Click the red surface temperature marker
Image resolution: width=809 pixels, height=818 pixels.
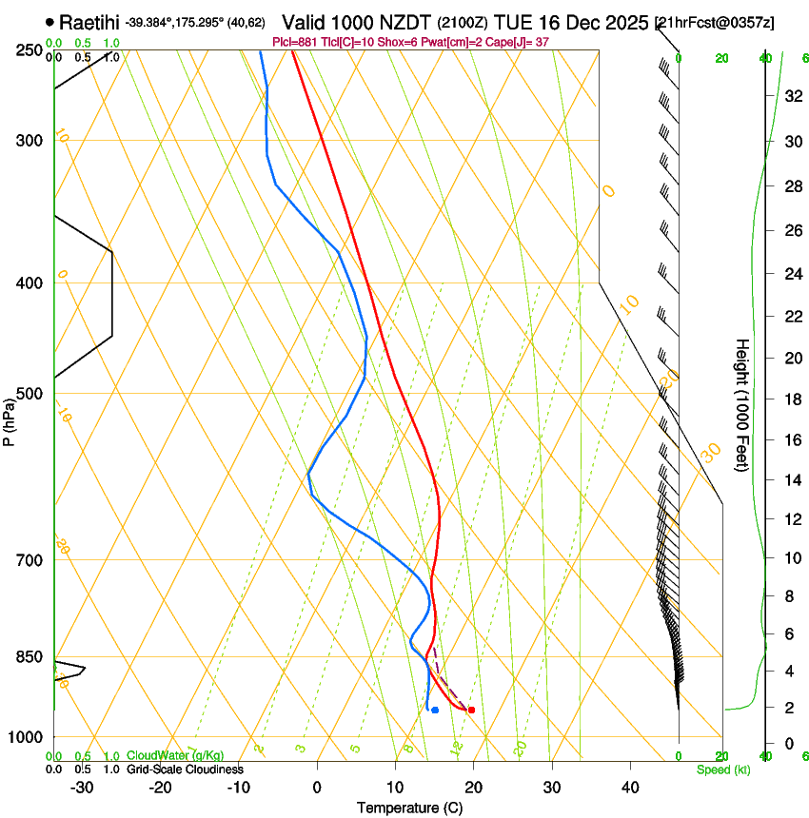pos(471,710)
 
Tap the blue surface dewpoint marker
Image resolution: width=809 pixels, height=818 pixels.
pos(435,710)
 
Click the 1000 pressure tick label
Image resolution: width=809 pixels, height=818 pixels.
pos(26,737)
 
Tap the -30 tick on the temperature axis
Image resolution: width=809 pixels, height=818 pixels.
pos(82,787)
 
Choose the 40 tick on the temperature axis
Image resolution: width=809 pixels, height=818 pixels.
pos(630,787)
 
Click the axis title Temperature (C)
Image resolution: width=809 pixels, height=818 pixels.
pos(409,808)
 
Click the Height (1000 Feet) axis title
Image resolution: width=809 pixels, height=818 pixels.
pos(742,404)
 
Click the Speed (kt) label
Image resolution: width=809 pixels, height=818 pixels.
pos(723,769)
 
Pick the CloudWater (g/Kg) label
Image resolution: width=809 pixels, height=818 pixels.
pos(177,755)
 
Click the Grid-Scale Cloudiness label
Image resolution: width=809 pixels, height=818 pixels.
pos(185,769)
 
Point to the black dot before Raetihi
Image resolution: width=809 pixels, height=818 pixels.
pos(49,21)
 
